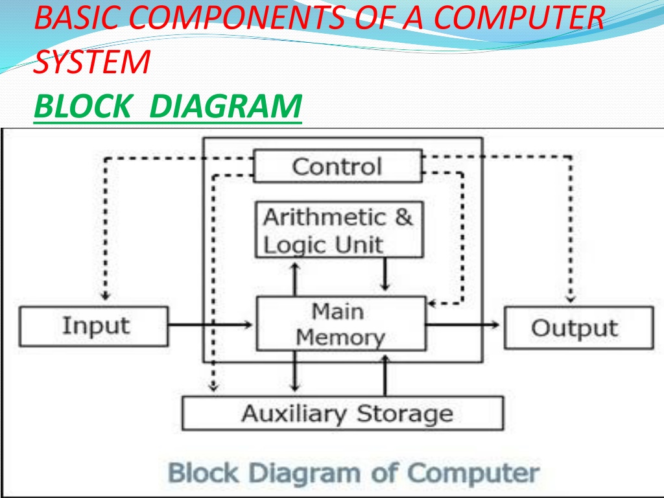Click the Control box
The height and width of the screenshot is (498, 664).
337,166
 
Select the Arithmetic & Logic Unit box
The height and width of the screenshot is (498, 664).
339,230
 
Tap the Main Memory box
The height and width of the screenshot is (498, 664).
341,324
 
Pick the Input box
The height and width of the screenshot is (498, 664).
93,326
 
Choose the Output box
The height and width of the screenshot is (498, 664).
578,327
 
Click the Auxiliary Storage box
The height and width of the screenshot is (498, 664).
342,413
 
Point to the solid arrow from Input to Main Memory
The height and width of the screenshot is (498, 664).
210,326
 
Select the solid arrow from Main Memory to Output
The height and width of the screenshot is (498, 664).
462,326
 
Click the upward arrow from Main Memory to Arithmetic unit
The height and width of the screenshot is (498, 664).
295,279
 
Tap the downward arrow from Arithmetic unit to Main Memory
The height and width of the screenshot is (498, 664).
385,274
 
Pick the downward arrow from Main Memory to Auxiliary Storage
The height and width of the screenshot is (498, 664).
295,371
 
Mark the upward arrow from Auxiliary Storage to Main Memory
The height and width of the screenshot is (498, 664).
385,375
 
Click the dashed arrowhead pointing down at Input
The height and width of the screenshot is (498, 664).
106,296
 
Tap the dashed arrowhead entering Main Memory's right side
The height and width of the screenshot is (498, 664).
431,303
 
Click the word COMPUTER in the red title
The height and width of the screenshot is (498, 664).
519,17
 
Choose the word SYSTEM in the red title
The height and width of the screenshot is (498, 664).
92,61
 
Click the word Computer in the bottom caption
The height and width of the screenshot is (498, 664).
473,473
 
